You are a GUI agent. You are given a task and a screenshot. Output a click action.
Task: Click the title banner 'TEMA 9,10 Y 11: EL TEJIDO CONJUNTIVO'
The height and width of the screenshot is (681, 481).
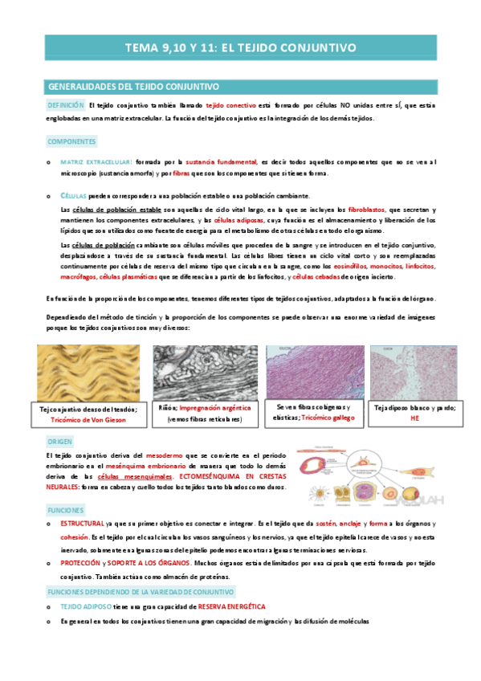240,48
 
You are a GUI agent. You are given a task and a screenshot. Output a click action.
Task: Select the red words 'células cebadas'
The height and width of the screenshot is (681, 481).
315,277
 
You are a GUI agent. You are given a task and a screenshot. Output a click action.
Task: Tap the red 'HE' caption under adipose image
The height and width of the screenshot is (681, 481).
414,418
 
